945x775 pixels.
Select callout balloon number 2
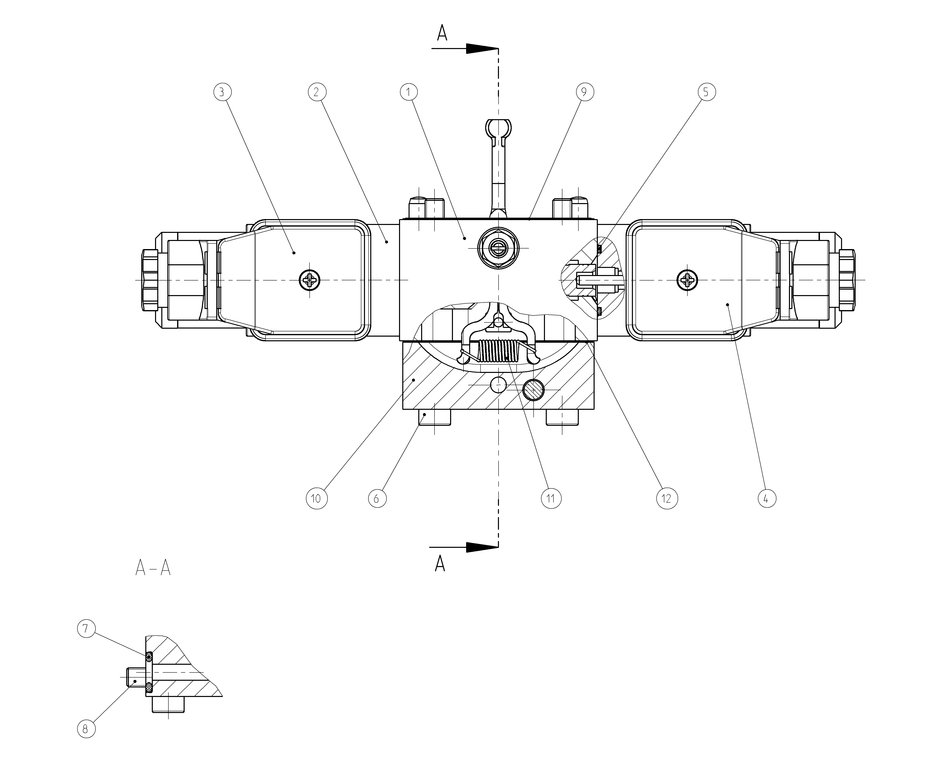[317, 92]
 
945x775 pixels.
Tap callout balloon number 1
[408, 92]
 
